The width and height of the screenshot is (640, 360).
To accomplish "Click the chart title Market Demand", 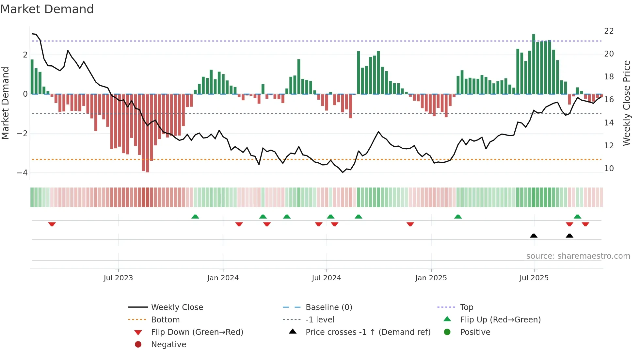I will (x=47, y=9).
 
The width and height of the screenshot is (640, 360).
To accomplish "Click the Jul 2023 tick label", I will (x=118, y=278).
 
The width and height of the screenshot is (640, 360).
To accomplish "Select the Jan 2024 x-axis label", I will (x=223, y=278).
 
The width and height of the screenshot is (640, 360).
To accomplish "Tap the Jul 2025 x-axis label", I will (x=534, y=278).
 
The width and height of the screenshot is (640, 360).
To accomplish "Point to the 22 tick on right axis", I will (x=609, y=31).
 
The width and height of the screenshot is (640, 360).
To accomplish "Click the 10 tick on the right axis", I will (x=609, y=169).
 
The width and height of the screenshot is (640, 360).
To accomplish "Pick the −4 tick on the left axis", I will (x=23, y=173).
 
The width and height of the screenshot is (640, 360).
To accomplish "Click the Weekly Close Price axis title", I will (x=626, y=103).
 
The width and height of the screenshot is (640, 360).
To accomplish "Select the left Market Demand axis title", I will (x=6, y=103).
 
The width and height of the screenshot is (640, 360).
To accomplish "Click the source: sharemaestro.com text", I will (x=578, y=256).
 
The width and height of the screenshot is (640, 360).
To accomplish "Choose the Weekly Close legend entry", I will (x=177, y=307).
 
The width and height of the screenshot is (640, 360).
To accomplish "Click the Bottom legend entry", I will (x=165, y=320).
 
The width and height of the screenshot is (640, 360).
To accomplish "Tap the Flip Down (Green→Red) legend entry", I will (x=197, y=332).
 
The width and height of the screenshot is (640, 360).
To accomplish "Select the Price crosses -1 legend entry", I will (x=368, y=332).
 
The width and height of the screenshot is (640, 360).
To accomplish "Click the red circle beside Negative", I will (x=138, y=345).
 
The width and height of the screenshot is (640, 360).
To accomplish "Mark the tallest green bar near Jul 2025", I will (x=534, y=64).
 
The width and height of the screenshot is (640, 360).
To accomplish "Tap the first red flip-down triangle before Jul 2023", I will (x=52, y=224).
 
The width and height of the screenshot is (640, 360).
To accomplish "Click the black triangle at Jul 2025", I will (x=534, y=236).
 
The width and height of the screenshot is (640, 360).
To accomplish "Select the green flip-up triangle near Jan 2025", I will (x=458, y=217).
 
